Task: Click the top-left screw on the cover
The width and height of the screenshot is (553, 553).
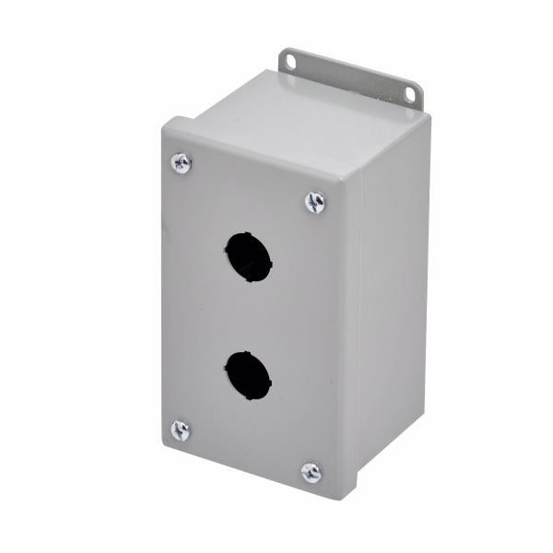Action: coord(182,163)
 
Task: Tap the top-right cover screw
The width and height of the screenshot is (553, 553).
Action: coord(315,202)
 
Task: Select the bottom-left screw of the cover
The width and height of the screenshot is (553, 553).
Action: coord(181,429)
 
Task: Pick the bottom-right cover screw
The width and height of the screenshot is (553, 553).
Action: coord(312,473)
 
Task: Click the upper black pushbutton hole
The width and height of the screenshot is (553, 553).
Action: coord(248,257)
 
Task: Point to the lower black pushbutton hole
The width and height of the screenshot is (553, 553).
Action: coord(248,375)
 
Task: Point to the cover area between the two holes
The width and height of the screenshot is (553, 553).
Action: coord(247,316)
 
